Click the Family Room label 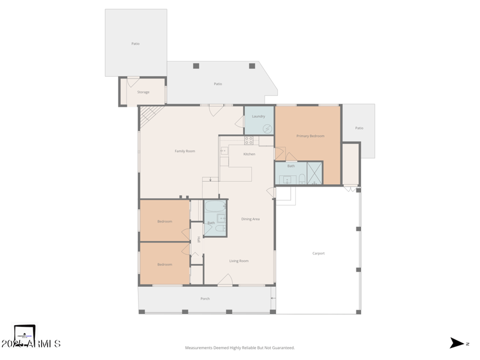click(185, 151)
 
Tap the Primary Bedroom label click(310, 136)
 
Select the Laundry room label click(259, 116)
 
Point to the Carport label click(319, 253)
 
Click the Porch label click(205, 298)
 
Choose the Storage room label click(143, 92)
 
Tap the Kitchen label click(249, 154)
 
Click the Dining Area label click(250, 219)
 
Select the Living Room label click(239, 261)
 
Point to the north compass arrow click(457, 343)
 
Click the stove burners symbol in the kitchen click(248, 140)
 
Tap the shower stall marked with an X click(315, 173)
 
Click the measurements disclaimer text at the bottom click(239, 348)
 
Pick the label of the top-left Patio click(136, 44)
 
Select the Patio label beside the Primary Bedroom click(359, 128)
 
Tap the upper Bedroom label click(164, 221)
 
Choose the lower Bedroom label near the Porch click(164, 265)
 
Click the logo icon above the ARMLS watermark click(25, 333)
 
